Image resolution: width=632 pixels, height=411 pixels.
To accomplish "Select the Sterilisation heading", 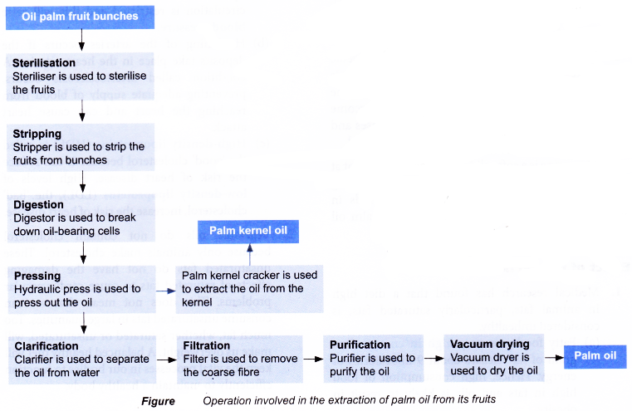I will coord(44,62).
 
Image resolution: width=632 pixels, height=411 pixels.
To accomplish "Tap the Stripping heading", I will coord(37,133).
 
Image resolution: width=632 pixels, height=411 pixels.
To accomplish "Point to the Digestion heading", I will coord(38,203).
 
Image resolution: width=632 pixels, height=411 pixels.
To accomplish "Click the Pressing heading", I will coord(37,276).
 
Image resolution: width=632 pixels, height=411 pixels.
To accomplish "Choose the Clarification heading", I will coord(47,345).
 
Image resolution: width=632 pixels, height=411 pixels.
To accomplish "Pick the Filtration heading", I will coord(207,345).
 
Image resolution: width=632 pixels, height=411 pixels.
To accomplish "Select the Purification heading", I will coord(360,345).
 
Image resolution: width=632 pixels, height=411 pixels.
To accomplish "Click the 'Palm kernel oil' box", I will coord(248,232).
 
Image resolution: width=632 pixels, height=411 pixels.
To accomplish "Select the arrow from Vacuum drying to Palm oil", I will coord(552,359).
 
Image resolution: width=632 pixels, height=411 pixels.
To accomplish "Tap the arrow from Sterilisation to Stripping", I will coord(82,110).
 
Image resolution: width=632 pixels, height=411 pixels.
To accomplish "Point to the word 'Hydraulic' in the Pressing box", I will coord(39,289).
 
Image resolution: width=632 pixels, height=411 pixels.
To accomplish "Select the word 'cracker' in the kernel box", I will coord(262,275).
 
